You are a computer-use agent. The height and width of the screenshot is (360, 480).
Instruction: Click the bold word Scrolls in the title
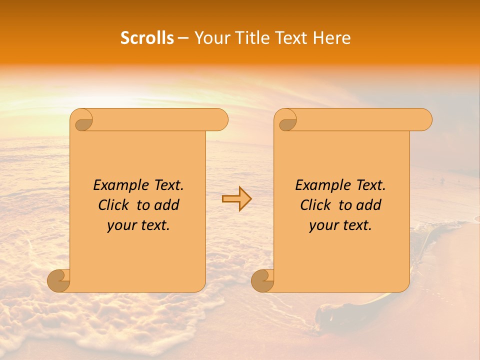tap(147, 38)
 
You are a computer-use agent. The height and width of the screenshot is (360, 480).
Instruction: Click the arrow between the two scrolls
tap(236, 199)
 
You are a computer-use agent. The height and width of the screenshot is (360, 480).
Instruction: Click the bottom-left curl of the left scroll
tap(59, 281)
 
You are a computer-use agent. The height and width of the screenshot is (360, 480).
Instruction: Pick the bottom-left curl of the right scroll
tap(263, 281)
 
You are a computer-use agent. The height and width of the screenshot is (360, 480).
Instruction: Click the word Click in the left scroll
tap(114, 205)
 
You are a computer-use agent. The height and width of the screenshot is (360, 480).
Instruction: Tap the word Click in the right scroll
tap(316, 205)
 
